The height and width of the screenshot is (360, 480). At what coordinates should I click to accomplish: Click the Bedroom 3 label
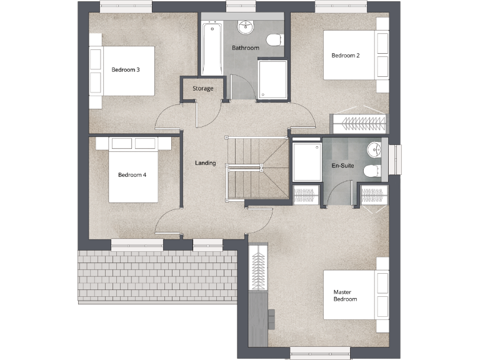125,69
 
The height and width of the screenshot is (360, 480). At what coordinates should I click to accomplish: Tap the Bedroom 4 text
132,175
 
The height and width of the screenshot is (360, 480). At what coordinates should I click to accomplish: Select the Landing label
205,163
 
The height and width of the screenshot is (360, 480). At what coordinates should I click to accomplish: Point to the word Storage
202,89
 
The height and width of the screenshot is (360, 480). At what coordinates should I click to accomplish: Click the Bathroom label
245,47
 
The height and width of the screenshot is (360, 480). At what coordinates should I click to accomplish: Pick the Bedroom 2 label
345,56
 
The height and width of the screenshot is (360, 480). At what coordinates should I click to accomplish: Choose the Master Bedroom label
345,296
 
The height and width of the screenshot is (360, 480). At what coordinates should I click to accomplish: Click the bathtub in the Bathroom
212,49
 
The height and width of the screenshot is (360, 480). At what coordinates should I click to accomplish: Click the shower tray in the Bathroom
272,79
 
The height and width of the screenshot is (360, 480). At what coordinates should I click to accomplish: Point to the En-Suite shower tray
306,162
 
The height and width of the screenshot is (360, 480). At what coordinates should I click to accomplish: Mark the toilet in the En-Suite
374,171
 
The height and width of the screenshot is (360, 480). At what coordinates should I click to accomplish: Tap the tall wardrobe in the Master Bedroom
257,269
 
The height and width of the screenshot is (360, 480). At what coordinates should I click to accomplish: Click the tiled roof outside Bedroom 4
157,275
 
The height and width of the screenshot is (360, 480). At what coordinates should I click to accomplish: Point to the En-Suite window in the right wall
394,159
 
